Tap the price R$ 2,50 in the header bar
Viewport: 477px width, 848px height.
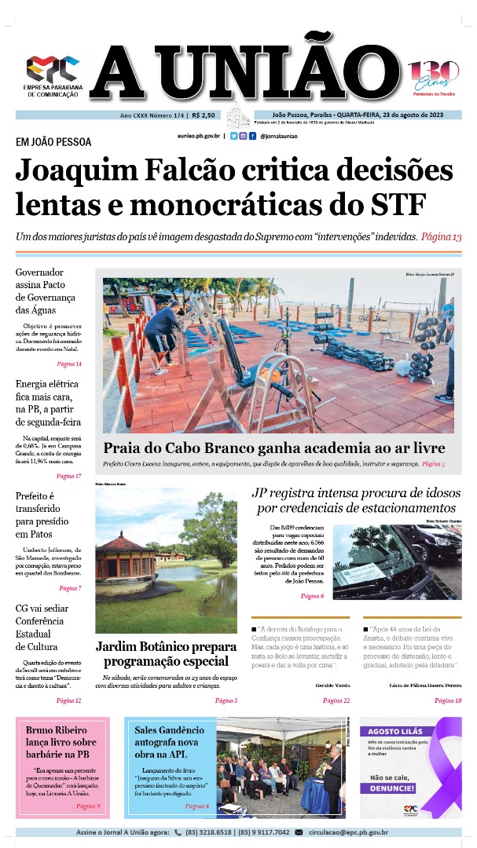pyautogui.click(x=203, y=115)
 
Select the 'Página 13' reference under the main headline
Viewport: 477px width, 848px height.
pyautogui.click(x=440, y=237)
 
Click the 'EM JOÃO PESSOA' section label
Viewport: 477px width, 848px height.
pyautogui.click(x=53, y=142)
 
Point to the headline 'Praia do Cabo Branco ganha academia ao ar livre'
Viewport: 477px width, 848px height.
pyautogui.click(x=274, y=448)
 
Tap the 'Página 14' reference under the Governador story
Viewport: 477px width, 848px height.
pyautogui.click(x=68, y=364)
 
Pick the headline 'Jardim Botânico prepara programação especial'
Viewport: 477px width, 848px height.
pyautogui.click(x=166, y=654)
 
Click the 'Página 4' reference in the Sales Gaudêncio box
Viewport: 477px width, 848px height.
pyautogui.click(x=196, y=806)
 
